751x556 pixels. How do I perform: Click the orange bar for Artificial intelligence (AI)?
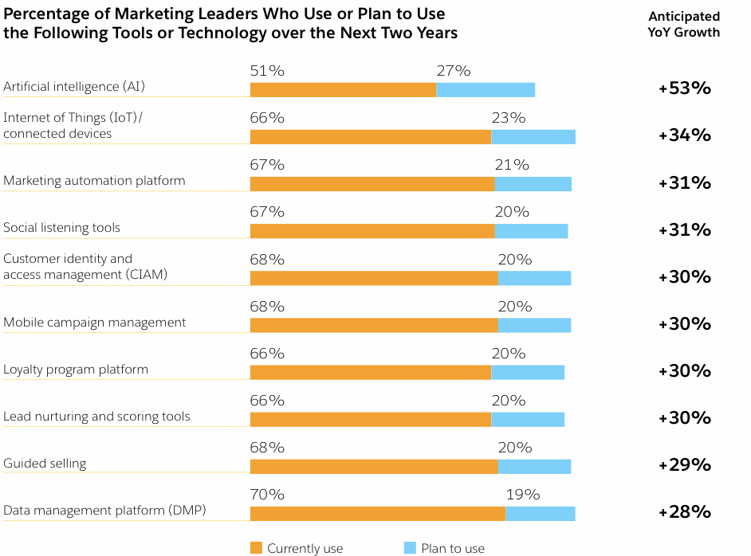click(x=343, y=89)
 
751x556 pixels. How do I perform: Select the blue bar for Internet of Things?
click(x=533, y=136)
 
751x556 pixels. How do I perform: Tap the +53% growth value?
click(x=684, y=88)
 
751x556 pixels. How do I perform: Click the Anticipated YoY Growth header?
click(x=684, y=24)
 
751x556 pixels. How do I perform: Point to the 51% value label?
click(x=267, y=71)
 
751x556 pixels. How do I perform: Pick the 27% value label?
click(x=454, y=71)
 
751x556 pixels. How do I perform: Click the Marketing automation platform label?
click(x=94, y=181)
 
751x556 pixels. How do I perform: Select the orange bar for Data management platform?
click(x=378, y=513)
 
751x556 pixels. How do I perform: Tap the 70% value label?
click(x=267, y=495)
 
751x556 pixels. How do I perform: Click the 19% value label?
click(x=523, y=495)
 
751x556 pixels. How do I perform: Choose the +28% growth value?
click(x=684, y=511)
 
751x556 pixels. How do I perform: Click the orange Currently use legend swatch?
click(x=256, y=547)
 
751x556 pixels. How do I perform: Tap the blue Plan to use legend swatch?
click(x=410, y=547)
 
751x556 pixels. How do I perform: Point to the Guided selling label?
click(x=45, y=464)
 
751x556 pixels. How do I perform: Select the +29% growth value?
click(x=684, y=464)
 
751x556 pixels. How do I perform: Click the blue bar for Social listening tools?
click(x=531, y=231)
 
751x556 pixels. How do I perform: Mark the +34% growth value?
click(x=684, y=135)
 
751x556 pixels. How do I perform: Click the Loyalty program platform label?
click(x=76, y=370)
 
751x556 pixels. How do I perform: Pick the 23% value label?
click(x=509, y=118)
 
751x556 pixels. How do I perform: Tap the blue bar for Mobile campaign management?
click(x=534, y=325)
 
